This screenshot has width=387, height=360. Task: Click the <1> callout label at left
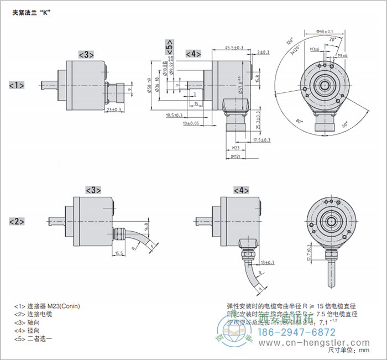(17, 85)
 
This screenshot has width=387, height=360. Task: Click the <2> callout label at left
(17, 222)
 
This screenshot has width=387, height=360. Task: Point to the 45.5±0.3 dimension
(235, 48)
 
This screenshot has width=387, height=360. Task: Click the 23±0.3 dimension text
(114, 110)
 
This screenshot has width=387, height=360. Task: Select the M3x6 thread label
(315, 50)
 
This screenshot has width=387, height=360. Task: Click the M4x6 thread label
(342, 55)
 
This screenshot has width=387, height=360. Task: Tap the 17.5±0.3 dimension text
(262, 140)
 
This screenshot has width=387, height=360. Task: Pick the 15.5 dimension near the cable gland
(118, 253)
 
